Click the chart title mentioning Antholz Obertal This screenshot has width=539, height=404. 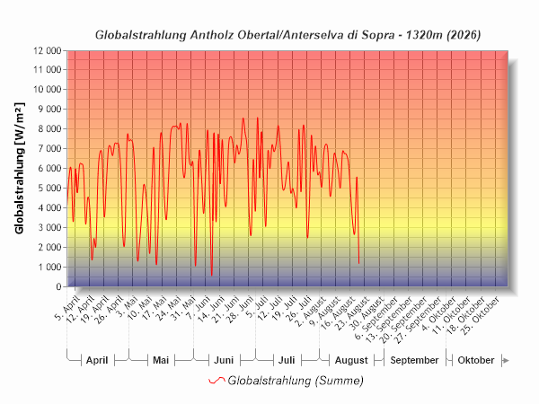[x=287, y=35]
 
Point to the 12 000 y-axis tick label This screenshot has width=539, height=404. [x=47, y=51]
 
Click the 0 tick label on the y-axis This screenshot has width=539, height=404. [x=58, y=287]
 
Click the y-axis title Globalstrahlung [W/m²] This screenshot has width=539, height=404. [x=20, y=169]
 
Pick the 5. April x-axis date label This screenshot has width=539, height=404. [x=67, y=308]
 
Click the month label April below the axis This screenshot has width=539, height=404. [x=97, y=360]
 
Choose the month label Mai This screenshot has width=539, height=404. [x=161, y=360]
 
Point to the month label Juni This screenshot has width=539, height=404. [x=224, y=360]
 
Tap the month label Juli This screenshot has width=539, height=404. [x=287, y=360]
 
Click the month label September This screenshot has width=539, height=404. [x=414, y=360]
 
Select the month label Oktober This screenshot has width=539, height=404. [x=476, y=360]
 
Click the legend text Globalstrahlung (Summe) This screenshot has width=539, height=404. [x=296, y=381]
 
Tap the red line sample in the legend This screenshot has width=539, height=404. [x=216, y=381]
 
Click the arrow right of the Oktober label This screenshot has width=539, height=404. [x=506, y=360]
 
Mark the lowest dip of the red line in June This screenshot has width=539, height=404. [x=212, y=275]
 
